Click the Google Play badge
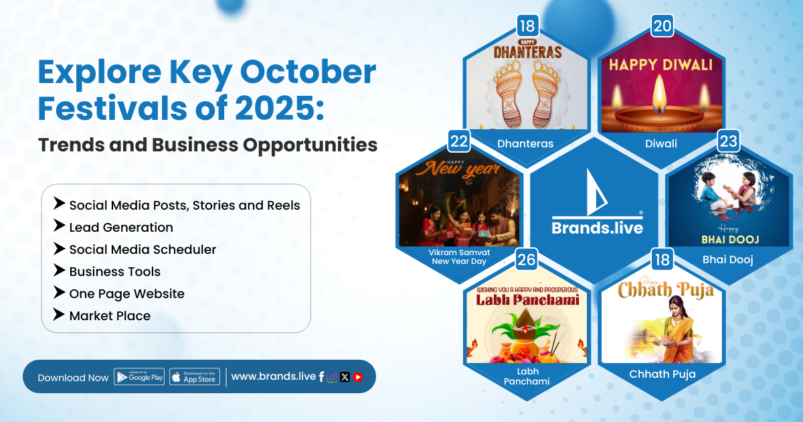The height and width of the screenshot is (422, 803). tap(139, 376)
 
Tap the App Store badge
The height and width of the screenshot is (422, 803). tap(195, 376)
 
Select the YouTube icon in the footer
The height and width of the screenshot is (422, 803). tap(357, 377)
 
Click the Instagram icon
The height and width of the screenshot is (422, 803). tap(332, 377)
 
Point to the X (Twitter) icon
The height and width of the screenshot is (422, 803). tap(345, 377)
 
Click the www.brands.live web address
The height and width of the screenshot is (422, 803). tap(274, 376)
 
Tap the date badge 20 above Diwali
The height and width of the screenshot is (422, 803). tap(662, 26)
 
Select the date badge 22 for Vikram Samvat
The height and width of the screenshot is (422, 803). tap(459, 141)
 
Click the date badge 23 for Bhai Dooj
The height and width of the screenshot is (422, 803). tap(728, 141)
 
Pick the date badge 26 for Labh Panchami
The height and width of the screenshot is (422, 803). tap(527, 259)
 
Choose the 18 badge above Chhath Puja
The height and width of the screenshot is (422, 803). tap(662, 259)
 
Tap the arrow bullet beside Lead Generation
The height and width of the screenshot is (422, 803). tap(59, 226)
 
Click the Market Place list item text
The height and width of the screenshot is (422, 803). tap(110, 315)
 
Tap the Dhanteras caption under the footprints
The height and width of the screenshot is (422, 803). tap(525, 143)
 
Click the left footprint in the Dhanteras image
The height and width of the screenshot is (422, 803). tap(508, 94)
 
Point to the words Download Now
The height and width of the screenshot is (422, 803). tap(73, 378)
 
